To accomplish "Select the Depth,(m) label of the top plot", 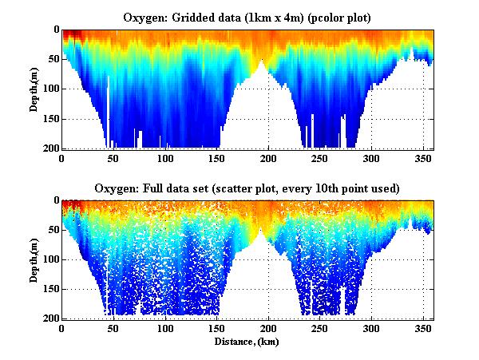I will click(x=35, y=89).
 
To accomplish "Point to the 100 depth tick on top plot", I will click(x=50, y=89).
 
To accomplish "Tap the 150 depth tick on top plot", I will click(x=50, y=119).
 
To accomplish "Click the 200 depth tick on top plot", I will click(x=50, y=148).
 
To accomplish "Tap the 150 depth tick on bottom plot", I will click(x=50, y=289).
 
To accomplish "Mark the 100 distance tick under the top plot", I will click(x=165, y=159).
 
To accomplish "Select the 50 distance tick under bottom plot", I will click(x=113, y=329).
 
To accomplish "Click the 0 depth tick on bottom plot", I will click(x=55, y=200).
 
